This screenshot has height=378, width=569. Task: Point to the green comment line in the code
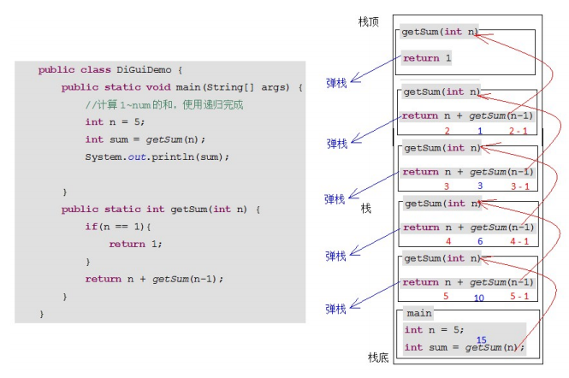point(164,105)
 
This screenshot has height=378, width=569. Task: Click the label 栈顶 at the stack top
point(369,21)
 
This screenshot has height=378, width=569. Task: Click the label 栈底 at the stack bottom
point(378,357)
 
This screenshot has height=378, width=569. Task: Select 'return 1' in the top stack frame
point(426,59)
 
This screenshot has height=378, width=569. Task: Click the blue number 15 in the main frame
point(481,340)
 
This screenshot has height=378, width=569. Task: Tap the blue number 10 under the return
point(479,297)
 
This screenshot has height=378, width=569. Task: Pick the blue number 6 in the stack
point(480,242)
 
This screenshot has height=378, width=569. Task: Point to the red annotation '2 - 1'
point(519,131)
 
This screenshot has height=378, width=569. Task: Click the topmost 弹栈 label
point(336,83)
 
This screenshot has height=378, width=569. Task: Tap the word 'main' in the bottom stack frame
point(419,314)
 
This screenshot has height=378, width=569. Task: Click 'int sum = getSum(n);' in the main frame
point(463,347)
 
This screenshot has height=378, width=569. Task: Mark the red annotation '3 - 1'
point(519,186)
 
